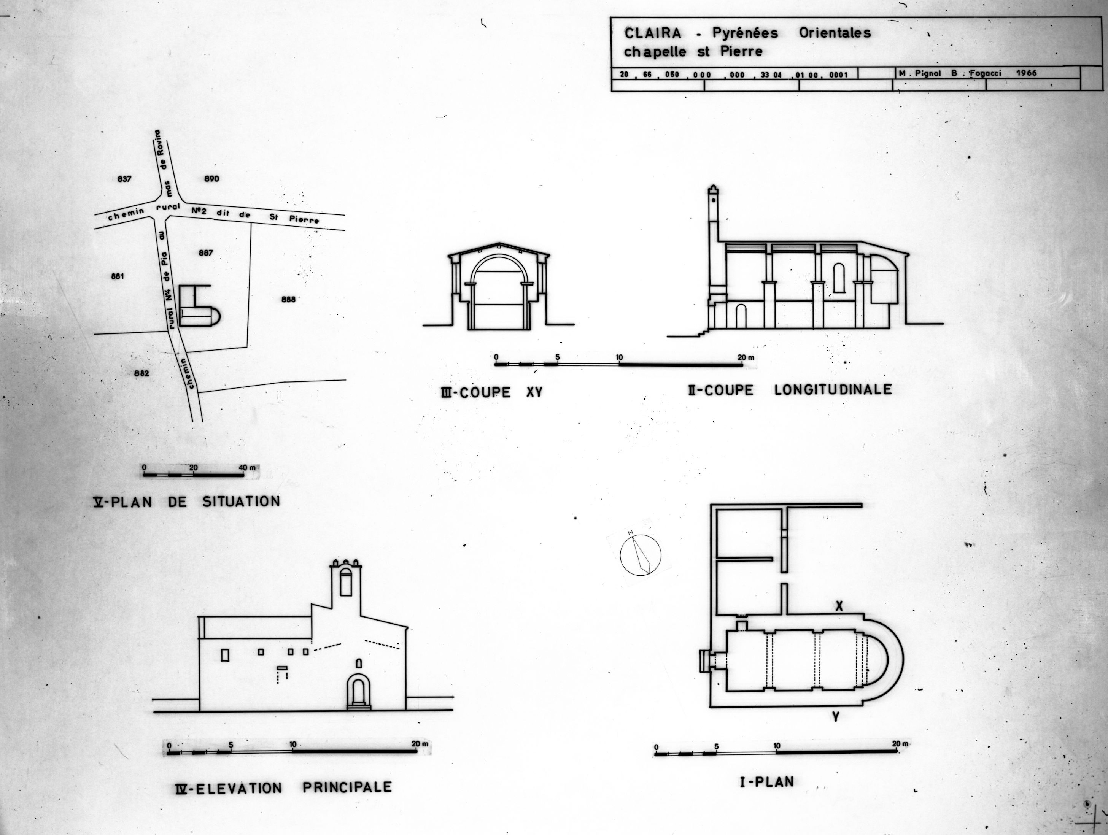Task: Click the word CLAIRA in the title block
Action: click(653, 33)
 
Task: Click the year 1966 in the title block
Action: click(1026, 73)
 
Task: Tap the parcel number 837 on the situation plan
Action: click(124, 179)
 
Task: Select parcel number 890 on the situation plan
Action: click(212, 179)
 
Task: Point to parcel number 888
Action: click(289, 299)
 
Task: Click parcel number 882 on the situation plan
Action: click(142, 373)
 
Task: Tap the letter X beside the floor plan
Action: click(839, 606)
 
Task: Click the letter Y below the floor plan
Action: click(836, 717)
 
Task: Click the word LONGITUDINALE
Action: click(833, 389)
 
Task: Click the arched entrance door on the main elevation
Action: click(359, 692)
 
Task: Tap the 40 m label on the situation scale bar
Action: click(247, 468)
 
